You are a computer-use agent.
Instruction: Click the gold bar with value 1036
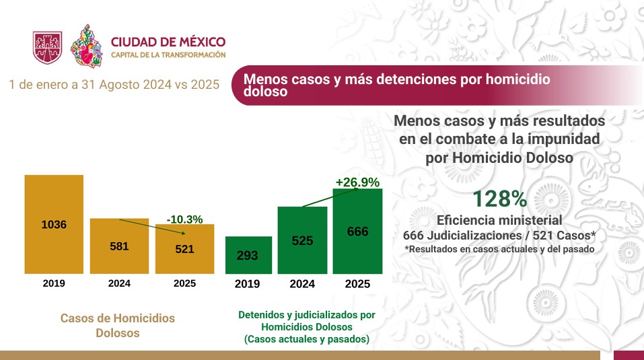54,224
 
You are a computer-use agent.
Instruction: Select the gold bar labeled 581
119,246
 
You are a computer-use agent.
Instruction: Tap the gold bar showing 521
184,248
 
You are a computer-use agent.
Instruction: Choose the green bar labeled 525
303,240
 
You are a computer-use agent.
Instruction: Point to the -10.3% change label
184,219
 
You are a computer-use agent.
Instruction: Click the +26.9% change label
357,182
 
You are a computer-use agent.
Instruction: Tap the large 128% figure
499,200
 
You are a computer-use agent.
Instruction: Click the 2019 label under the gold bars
54,283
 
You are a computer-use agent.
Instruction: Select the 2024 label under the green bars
303,284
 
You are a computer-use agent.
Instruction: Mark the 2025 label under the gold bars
184,283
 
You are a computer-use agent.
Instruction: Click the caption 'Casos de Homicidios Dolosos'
118,325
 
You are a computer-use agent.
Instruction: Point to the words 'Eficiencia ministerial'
499,221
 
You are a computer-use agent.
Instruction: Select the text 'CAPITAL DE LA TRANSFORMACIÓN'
168,55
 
